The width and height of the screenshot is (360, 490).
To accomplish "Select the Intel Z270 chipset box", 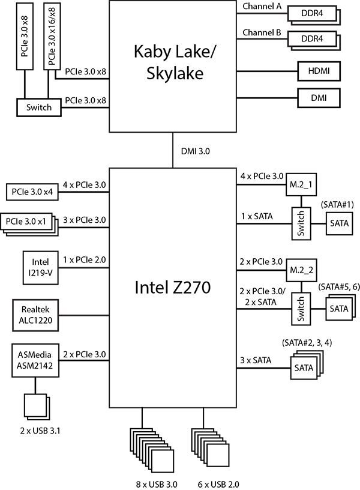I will (173, 288).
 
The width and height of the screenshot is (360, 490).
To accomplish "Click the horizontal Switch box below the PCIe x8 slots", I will (39, 107).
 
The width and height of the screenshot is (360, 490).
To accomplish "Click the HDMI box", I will (318, 71).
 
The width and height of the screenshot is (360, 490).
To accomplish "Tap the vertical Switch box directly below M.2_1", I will (301, 223).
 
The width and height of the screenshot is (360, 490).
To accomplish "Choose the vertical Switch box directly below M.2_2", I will (301, 309).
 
